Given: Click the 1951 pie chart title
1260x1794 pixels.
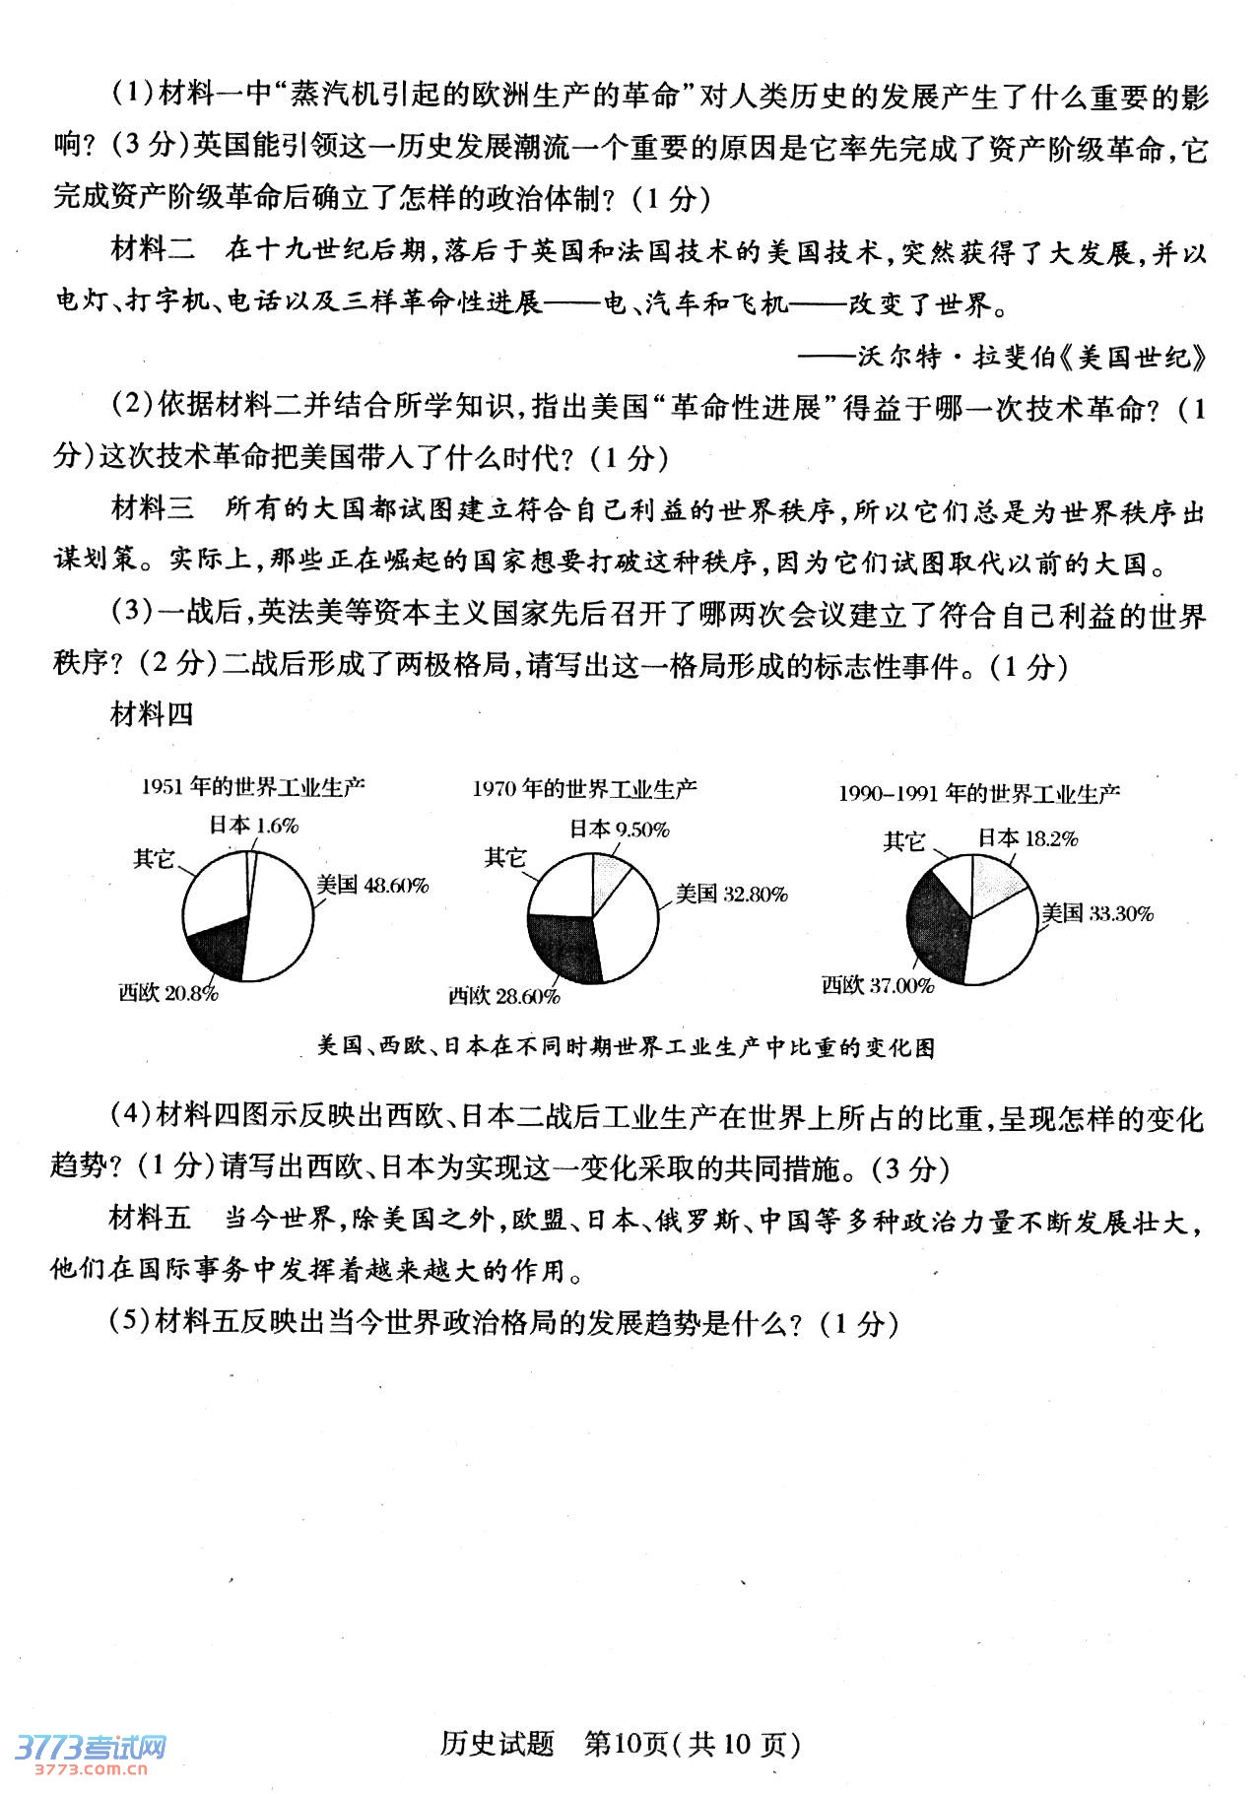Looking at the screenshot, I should point(253,786).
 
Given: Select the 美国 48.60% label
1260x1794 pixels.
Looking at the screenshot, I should point(372,885).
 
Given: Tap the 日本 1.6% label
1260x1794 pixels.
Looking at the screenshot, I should point(253,826).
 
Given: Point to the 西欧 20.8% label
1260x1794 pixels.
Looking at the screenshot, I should point(167,993).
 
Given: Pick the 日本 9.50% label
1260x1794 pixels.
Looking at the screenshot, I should point(619,830).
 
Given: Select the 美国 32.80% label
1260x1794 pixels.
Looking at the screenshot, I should point(731,895).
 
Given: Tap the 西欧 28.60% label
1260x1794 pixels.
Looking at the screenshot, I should point(503,996).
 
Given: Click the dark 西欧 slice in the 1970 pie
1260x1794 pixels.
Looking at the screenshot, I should point(564,946).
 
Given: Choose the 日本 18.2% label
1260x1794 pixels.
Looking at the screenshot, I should point(1028,838).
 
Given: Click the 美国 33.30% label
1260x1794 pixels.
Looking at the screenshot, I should point(1097,913).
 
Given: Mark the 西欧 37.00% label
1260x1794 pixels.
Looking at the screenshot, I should point(877,985).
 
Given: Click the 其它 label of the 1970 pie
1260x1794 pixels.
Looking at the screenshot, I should point(504,857).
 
